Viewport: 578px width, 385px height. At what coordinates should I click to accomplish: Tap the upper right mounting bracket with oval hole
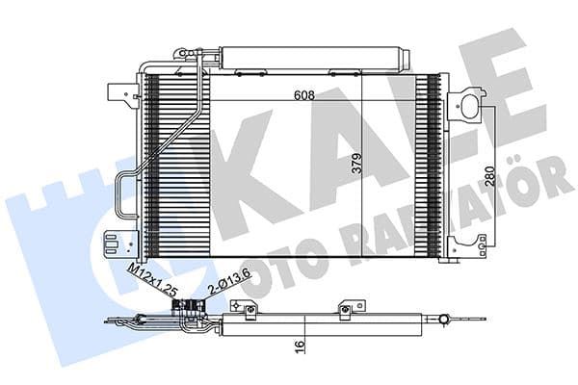pyautogui.click(x=471, y=103)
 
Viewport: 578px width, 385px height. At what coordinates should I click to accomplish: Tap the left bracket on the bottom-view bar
pyautogui.click(x=250, y=308)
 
